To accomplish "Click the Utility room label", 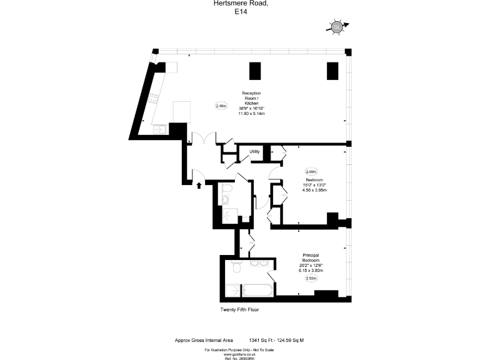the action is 255,151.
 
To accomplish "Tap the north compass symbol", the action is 337,27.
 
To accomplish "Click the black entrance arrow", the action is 199,184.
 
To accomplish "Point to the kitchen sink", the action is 160,129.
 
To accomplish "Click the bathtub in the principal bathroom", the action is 256,292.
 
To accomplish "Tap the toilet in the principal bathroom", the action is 236,267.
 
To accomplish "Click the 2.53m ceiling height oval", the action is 311,279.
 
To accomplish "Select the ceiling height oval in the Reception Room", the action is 221,106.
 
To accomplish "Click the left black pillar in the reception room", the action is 256,71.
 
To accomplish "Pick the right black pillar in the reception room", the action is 332,71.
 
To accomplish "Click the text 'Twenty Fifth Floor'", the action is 239,309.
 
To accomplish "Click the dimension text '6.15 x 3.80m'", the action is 311,270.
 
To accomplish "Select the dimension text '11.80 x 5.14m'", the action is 252,113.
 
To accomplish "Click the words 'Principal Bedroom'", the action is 311,257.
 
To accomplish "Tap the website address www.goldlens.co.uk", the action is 240,353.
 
